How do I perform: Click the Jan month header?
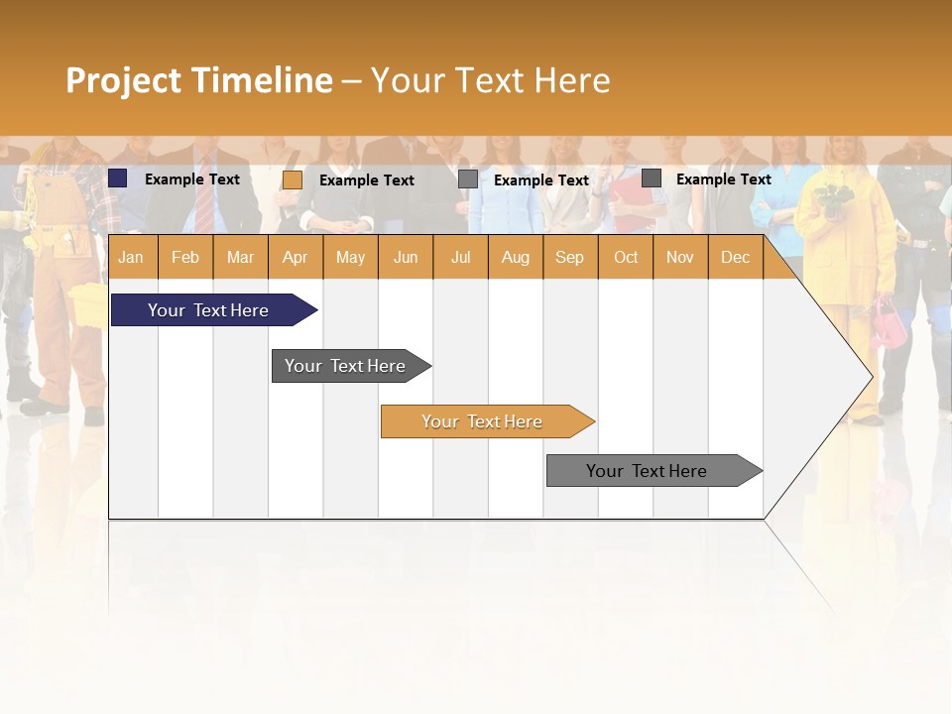click(131, 257)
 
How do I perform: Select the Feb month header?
click(185, 257)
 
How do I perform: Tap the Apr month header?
click(295, 257)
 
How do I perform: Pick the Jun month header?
click(406, 257)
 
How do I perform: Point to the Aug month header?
click(515, 257)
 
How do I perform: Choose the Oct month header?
click(626, 257)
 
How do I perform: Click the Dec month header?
click(735, 257)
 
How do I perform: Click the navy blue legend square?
click(118, 178)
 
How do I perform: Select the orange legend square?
click(292, 179)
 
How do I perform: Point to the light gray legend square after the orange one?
click(468, 179)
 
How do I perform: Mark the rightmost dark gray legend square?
click(652, 178)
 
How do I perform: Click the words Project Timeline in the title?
click(199, 80)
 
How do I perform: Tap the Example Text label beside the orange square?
click(366, 180)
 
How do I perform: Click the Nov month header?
click(680, 257)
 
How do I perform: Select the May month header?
click(350, 257)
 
